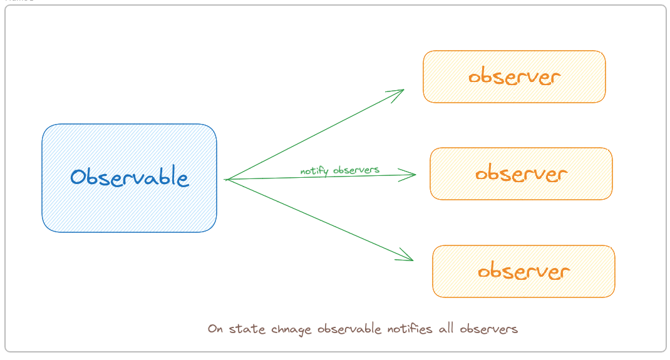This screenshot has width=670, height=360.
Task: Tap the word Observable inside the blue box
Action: coord(129,178)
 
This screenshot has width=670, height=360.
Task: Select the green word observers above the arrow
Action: coord(356,169)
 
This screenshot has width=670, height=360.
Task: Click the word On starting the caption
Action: coord(215,329)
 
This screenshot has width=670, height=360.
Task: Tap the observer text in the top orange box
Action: coord(514,77)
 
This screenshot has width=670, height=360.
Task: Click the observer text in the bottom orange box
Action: coord(523,271)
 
